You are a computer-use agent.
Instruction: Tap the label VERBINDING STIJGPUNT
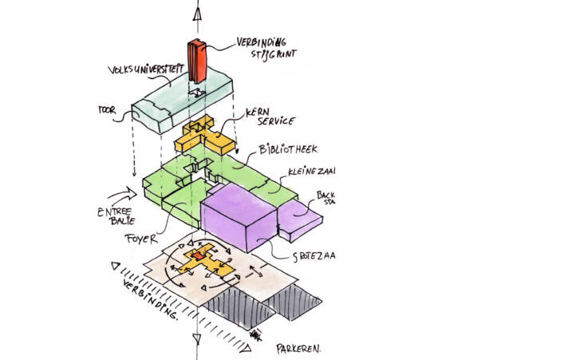263,48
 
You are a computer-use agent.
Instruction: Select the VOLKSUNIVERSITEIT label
144,72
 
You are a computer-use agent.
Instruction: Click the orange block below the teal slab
205,137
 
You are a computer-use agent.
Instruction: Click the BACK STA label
326,198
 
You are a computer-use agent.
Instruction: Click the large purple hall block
237,214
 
